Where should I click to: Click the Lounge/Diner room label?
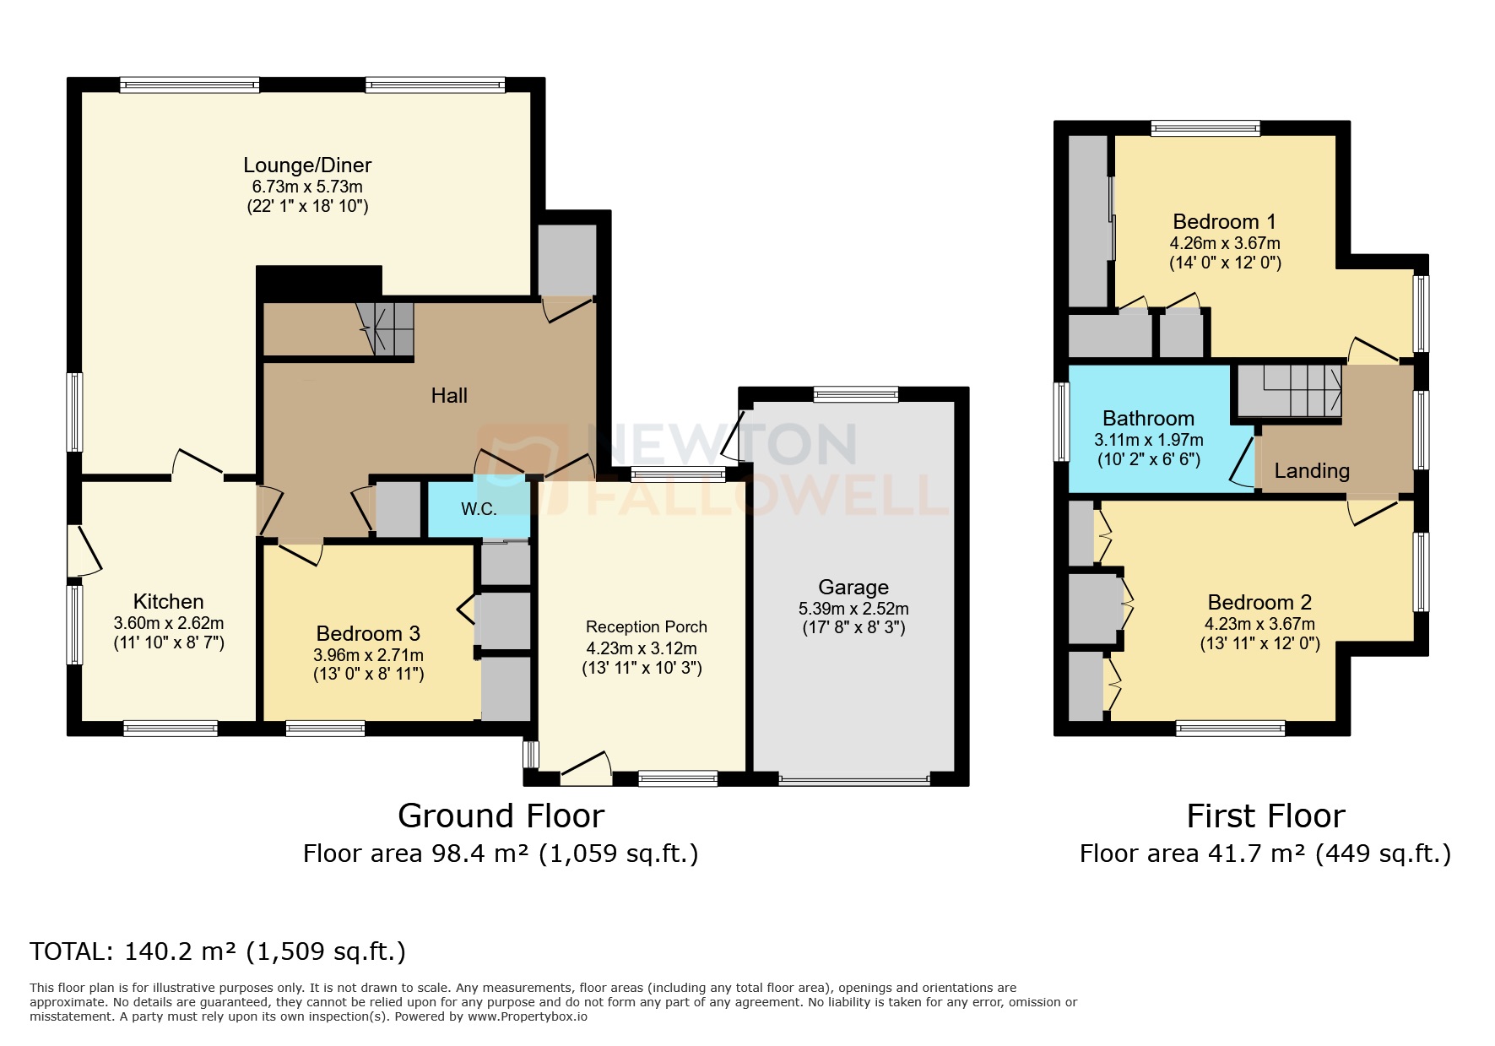[307, 165]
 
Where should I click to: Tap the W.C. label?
[478, 509]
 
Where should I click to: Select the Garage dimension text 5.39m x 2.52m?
[853, 609]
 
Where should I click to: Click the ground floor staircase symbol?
[387, 328]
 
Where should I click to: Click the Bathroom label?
[1148, 419]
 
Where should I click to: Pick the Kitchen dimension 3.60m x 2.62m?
[169, 623]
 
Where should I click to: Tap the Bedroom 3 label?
[368, 634]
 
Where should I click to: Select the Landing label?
[1311, 471]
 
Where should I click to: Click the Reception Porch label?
[646, 627]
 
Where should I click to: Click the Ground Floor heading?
[501, 816]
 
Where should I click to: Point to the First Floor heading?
[1265, 816]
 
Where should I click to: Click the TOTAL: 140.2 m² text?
[218, 952]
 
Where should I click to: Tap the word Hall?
[449, 396]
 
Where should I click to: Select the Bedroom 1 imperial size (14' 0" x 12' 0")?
[1225, 263]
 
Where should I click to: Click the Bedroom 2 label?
[1259, 603]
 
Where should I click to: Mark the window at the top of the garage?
[856, 393]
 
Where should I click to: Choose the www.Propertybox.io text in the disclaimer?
[528, 1016]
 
